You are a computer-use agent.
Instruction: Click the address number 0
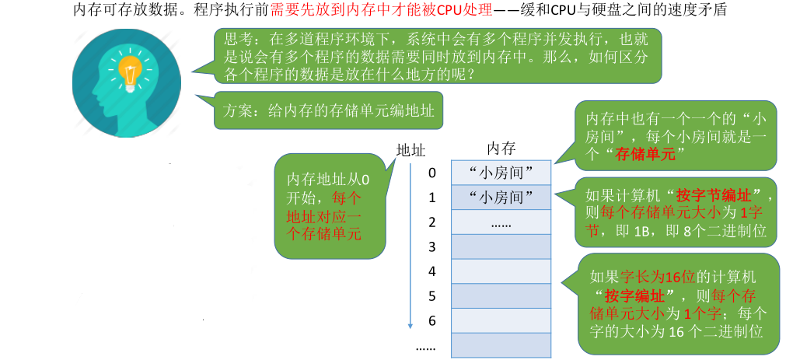point(432,173)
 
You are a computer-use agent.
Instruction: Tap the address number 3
point(432,247)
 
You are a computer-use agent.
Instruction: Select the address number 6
point(432,321)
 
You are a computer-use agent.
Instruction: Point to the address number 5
point(432,296)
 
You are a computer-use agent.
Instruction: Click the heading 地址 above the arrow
point(410,149)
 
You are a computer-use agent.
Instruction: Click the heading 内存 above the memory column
point(501,149)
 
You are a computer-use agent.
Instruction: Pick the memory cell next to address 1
point(501,197)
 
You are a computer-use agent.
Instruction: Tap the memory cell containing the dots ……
point(501,222)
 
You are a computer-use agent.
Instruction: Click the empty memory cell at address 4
point(501,271)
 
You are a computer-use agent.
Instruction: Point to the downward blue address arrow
point(410,249)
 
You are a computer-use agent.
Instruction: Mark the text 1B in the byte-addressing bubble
point(642,231)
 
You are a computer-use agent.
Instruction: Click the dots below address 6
point(426,347)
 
